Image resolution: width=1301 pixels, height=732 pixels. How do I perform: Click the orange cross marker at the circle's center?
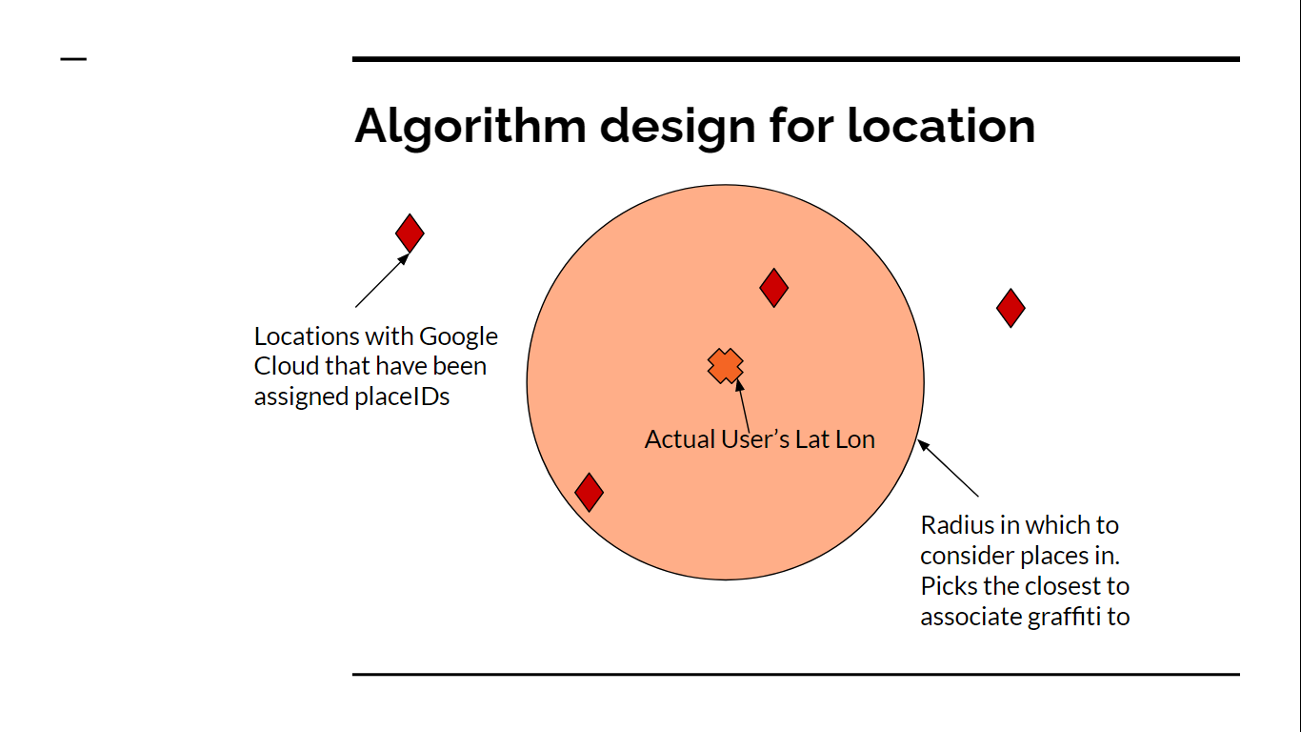click(x=725, y=365)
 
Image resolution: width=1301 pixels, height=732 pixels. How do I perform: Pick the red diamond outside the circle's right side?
click(x=1011, y=308)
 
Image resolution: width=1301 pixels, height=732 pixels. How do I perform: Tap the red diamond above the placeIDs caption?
click(x=410, y=233)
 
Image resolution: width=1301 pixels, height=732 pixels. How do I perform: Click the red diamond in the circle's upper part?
click(x=774, y=287)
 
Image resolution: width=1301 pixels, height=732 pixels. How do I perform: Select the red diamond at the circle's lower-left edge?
click(x=590, y=492)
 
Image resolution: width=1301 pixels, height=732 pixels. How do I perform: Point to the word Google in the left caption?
click(x=458, y=336)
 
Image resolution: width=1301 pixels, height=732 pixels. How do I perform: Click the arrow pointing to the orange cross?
click(x=743, y=405)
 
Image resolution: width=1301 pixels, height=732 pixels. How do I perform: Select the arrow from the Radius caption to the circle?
click(x=949, y=468)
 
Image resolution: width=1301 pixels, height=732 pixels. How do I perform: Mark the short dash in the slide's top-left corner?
click(x=73, y=59)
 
